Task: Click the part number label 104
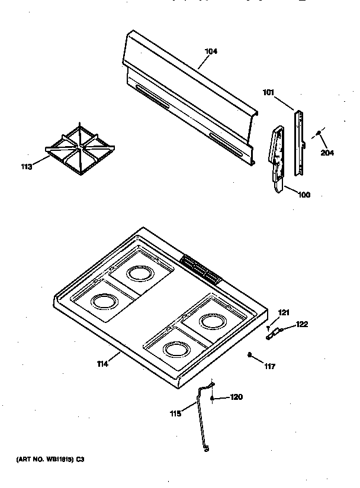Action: coord(211,51)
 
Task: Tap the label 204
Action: coord(327,153)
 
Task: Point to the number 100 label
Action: coord(303,195)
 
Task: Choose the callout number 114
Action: coord(102,364)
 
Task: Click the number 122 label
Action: coord(302,324)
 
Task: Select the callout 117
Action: coord(270,366)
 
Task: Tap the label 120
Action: coord(236,397)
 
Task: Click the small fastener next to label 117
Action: coord(251,355)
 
